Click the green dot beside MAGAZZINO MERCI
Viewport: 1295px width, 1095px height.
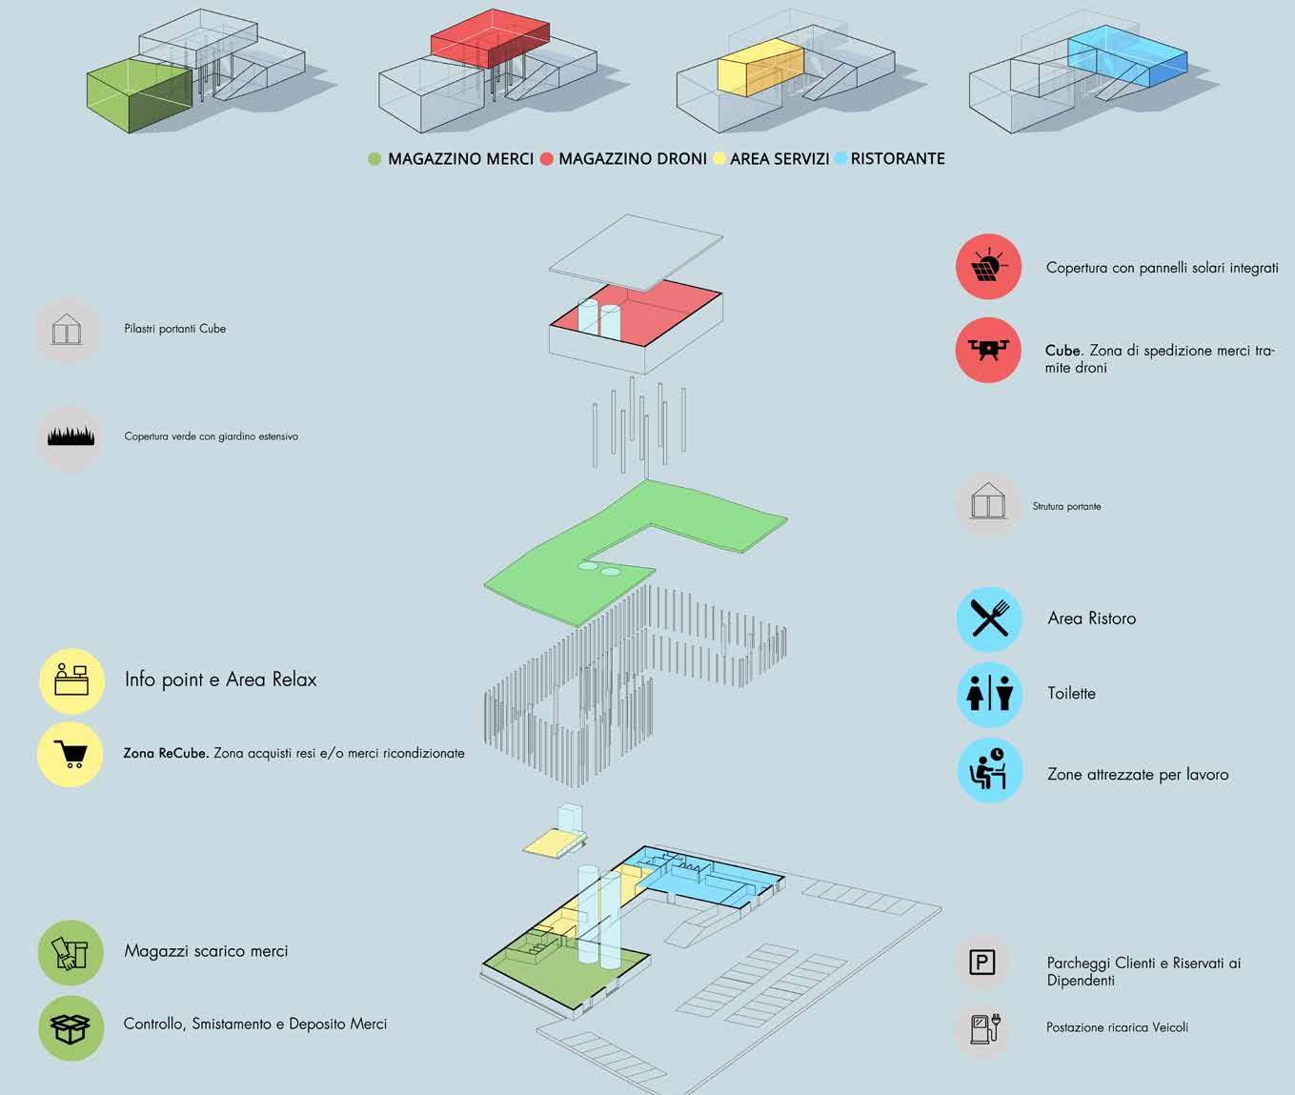tap(374, 159)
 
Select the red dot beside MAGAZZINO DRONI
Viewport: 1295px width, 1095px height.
tap(546, 159)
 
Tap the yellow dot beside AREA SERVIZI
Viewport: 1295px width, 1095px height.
tap(719, 159)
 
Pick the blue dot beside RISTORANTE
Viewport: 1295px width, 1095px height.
tap(840, 159)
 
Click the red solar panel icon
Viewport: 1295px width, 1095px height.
tap(988, 267)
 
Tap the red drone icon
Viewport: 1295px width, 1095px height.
tap(988, 350)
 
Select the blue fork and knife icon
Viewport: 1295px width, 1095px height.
tap(989, 618)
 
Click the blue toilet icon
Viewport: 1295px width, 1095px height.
tap(989, 694)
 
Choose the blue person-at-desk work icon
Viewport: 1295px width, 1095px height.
tap(989, 770)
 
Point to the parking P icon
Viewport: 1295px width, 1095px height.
tap(981, 963)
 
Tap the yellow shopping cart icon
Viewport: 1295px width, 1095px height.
tap(71, 754)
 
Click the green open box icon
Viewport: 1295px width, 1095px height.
tap(71, 1027)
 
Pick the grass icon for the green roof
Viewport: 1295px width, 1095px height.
tap(71, 436)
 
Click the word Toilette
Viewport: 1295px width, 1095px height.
tap(1071, 694)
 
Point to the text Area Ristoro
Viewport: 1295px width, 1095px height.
tap(1091, 618)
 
